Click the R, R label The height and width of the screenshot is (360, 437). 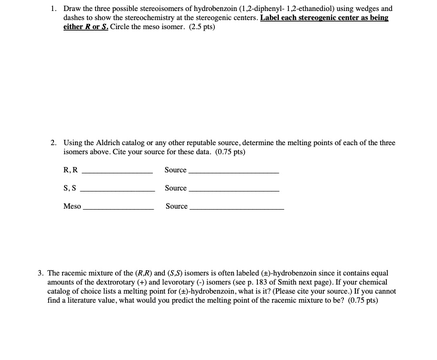(70, 170)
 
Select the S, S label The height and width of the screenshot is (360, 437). (70, 188)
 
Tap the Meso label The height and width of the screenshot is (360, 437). (72, 206)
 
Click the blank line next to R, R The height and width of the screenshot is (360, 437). (117, 172)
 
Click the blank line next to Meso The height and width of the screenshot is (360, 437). (118, 209)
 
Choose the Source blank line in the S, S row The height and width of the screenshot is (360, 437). (234, 191)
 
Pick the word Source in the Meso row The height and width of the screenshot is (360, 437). (177, 206)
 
